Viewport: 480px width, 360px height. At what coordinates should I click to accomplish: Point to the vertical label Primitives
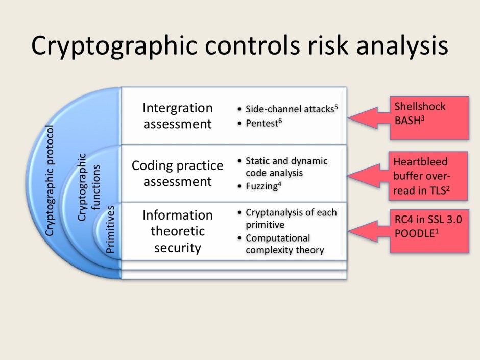pos(111,229)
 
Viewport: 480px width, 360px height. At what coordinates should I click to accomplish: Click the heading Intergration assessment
pos(177,116)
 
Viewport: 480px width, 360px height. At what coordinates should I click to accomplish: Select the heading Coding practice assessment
pos(177,174)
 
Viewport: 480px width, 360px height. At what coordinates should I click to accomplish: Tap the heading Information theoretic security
pos(177,231)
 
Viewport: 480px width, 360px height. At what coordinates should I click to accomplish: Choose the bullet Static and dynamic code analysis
pos(286,167)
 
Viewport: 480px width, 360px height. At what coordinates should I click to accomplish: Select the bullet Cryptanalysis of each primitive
pos(290,218)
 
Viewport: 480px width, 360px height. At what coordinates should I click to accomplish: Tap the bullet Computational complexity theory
pos(284,244)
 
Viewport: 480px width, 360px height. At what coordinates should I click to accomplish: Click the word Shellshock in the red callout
pos(420,107)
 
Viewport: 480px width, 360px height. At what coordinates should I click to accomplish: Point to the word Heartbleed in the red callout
pos(420,162)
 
